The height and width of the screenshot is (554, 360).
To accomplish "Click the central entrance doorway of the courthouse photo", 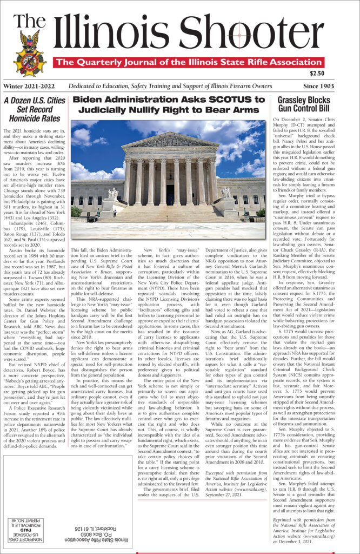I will click(x=170, y=194).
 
